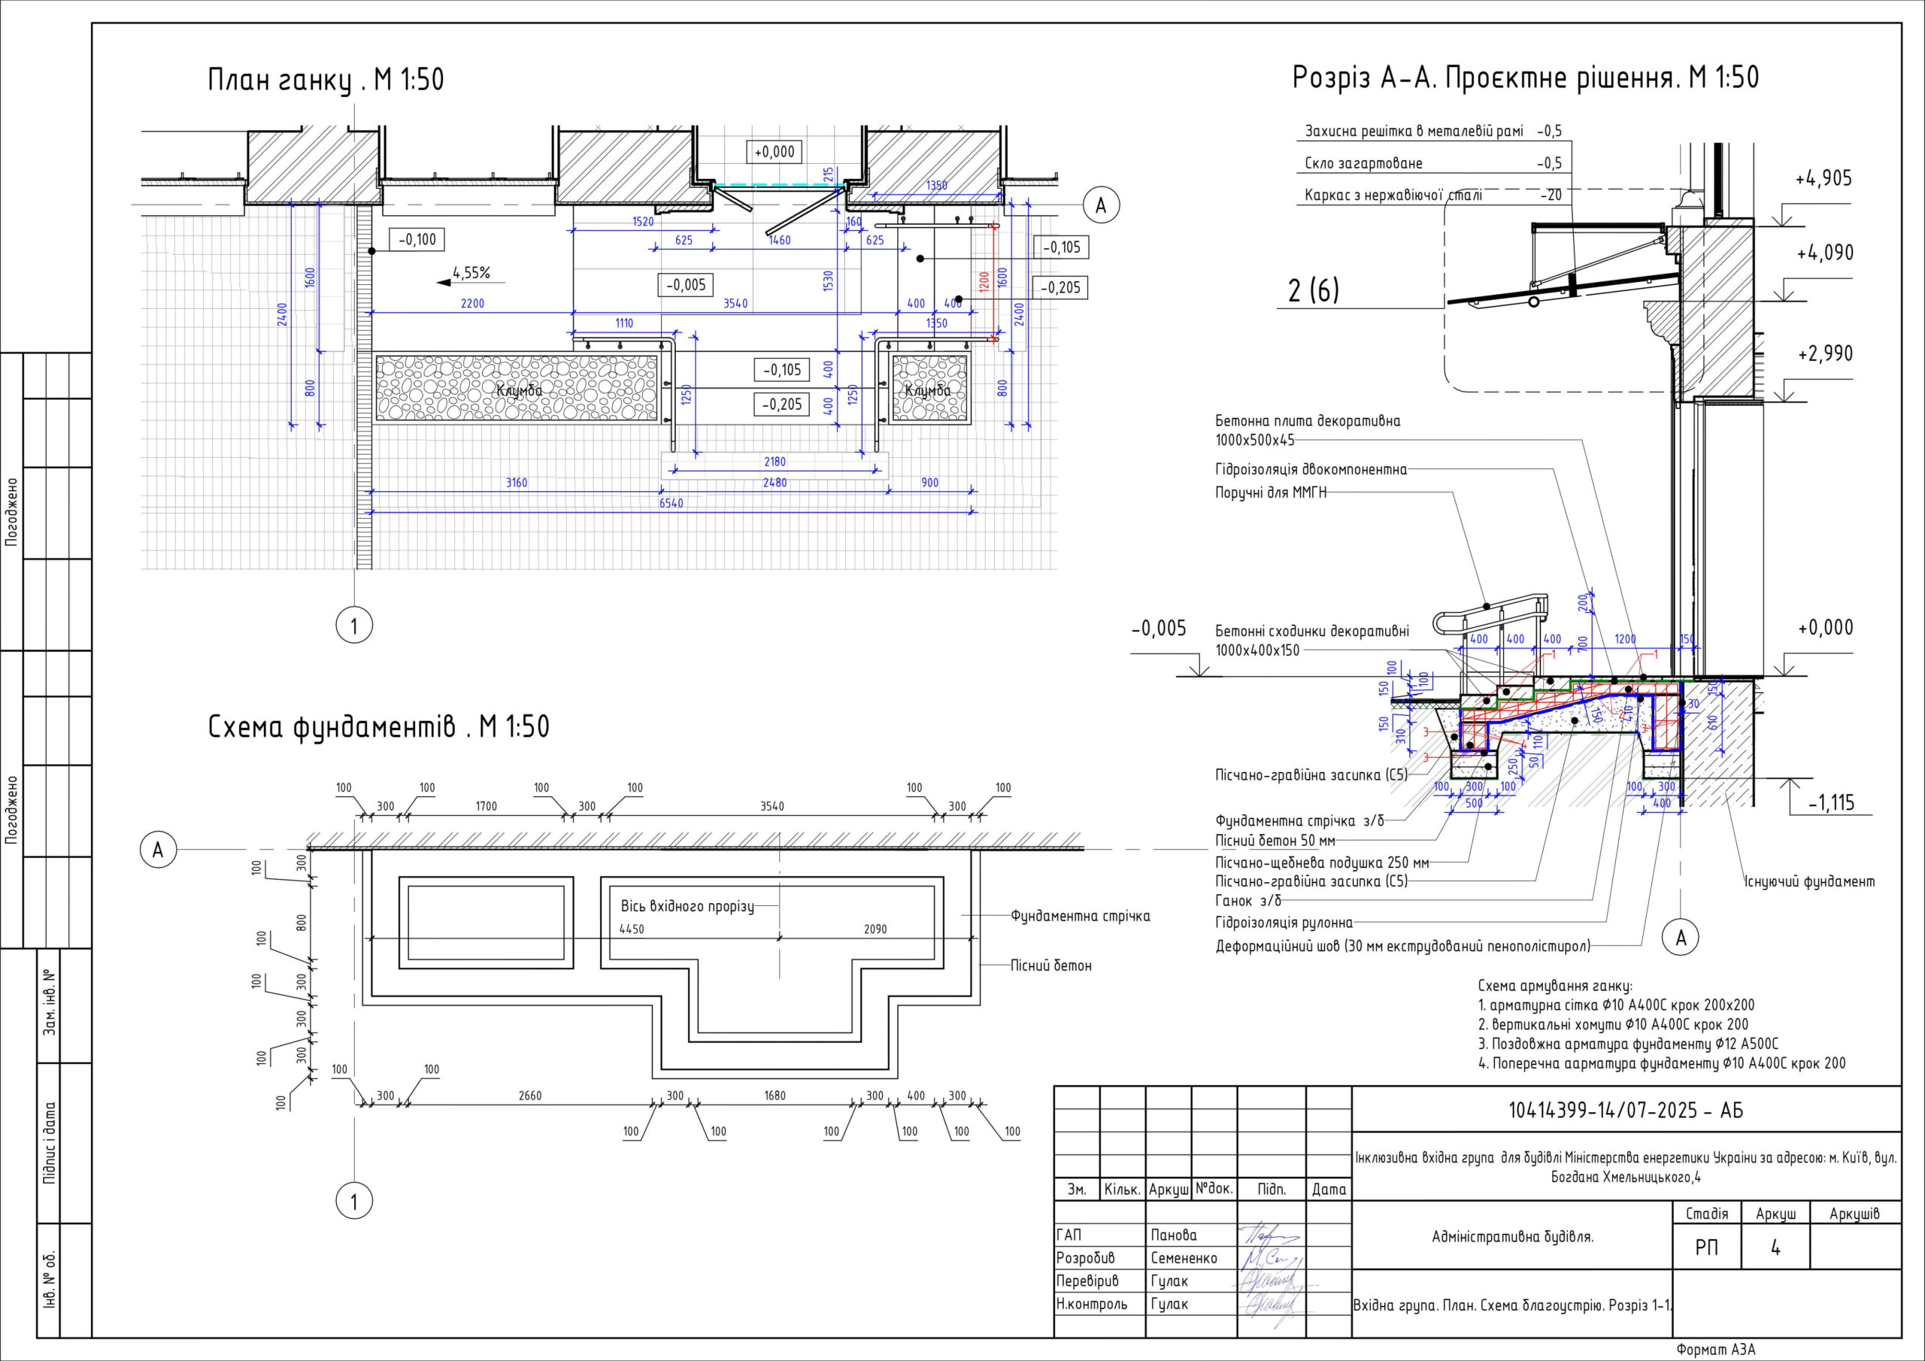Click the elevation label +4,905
click(1823, 179)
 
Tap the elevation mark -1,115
click(1831, 802)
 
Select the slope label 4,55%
click(471, 272)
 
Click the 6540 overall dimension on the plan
click(671, 503)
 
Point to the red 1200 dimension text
click(984, 280)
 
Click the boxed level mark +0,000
click(774, 152)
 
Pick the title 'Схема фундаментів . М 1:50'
click(378, 726)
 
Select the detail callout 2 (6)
click(1313, 290)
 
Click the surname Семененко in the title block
click(1183, 1258)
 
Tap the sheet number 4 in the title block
click(1775, 1247)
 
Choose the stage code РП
click(1706, 1247)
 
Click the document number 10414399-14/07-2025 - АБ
click(1626, 1111)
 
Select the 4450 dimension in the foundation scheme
click(632, 929)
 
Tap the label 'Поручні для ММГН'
click(1271, 493)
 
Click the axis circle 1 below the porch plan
click(354, 626)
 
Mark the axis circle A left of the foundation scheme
click(158, 850)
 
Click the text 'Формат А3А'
click(1715, 1349)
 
